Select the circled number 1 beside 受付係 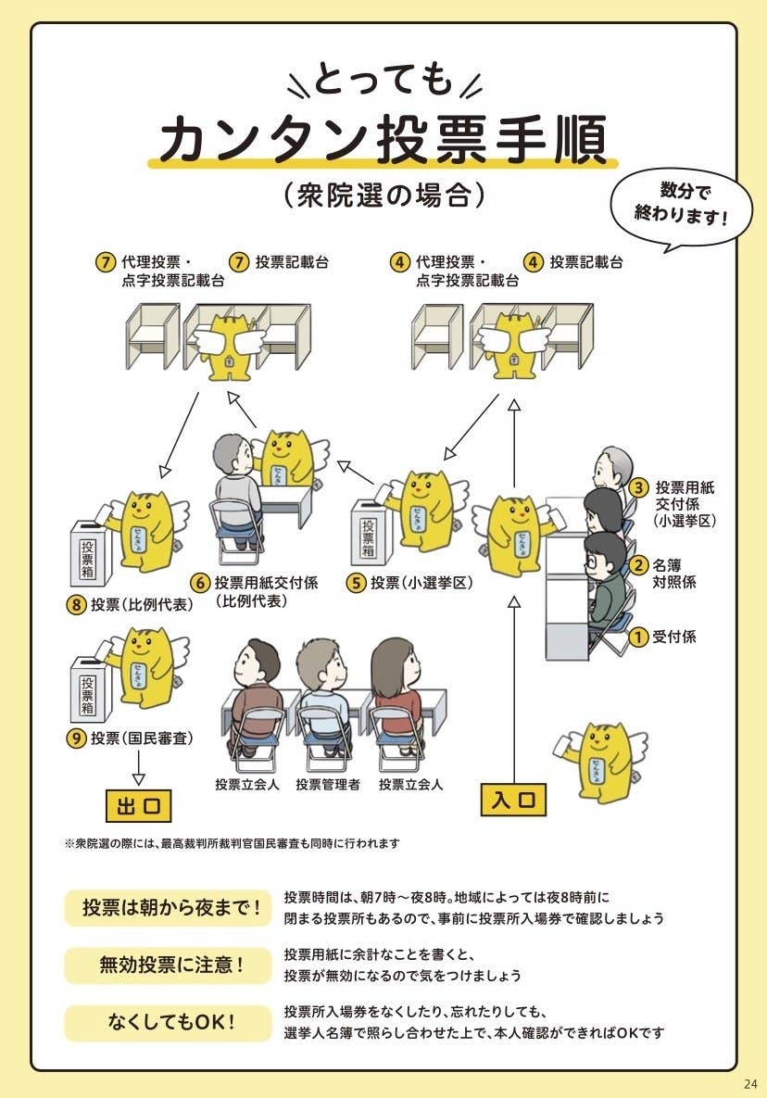637,637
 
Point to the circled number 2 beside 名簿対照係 637,564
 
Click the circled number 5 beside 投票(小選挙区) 357,583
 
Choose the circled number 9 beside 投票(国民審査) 76,738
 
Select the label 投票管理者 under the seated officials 328,785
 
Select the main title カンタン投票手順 383,141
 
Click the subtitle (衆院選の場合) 383,196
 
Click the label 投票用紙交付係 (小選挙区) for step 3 685,503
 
